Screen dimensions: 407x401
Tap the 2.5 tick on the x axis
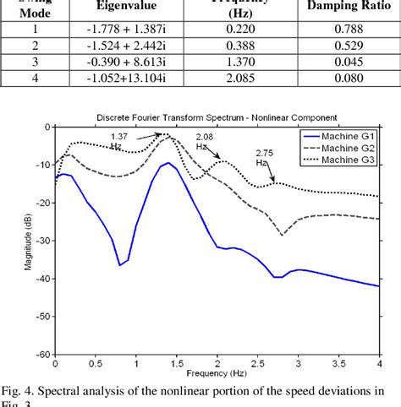click(256, 364)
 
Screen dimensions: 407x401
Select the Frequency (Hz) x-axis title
click(216, 372)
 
